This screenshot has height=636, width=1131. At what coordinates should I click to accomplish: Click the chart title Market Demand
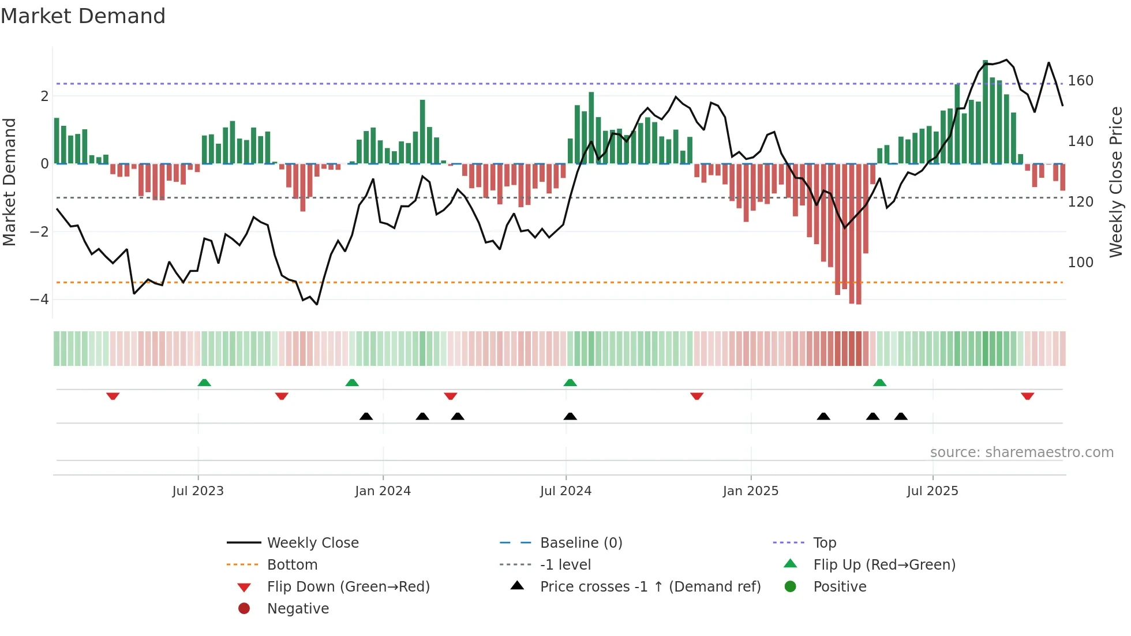pyautogui.click(x=83, y=16)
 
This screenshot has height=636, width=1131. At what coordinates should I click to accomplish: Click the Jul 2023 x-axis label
pyautogui.click(x=197, y=491)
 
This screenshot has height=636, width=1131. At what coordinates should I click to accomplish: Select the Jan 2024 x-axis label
pyautogui.click(x=383, y=491)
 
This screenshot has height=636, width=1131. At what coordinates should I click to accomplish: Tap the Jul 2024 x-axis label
pyautogui.click(x=565, y=491)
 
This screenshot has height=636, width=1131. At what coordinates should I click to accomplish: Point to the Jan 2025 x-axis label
pyautogui.click(x=750, y=491)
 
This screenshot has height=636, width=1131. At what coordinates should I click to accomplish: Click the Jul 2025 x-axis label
pyautogui.click(x=932, y=491)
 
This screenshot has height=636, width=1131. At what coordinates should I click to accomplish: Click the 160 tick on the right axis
pyautogui.click(x=1080, y=81)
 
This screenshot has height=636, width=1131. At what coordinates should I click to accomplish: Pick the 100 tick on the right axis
pyautogui.click(x=1080, y=263)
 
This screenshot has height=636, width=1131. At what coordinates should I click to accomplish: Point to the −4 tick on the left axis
pyautogui.click(x=39, y=300)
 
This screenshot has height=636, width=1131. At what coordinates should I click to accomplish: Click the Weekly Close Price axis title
pyautogui.click(x=1116, y=182)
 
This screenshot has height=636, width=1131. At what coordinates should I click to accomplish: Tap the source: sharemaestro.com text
pyautogui.click(x=1021, y=452)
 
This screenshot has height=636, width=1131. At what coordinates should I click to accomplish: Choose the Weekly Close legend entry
pyautogui.click(x=312, y=543)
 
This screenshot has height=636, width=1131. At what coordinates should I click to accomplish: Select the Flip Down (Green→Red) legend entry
pyautogui.click(x=348, y=587)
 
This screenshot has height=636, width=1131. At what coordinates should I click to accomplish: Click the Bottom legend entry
pyautogui.click(x=292, y=565)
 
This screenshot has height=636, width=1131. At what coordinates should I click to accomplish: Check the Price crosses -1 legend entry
pyautogui.click(x=650, y=587)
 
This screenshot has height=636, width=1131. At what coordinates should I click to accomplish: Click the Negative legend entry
pyautogui.click(x=298, y=609)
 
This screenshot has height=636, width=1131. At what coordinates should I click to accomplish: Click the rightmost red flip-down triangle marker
pyautogui.click(x=1027, y=396)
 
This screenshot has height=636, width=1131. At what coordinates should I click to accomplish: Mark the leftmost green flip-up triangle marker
pyautogui.click(x=204, y=383)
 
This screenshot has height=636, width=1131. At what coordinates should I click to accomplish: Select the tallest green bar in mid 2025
pyautogui.click(x=985, y=112)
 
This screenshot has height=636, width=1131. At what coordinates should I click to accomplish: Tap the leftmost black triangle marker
pyautogui.click(x=366, y=416)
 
